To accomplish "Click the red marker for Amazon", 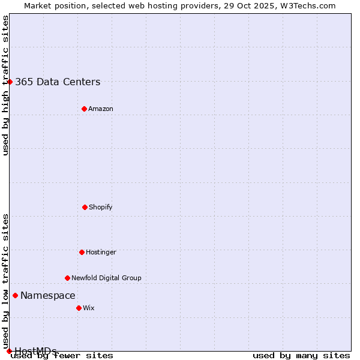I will [x=84, y=109].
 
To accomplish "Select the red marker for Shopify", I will [x=85, y=207].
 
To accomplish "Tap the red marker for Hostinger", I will [x=82, y=252].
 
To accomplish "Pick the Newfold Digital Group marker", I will [x=67, y=278].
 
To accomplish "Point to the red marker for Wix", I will [x=79, y=308].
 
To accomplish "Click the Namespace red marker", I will [x=15, y=295].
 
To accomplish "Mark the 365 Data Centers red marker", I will [x=10, y=82].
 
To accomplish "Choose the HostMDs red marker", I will [x=9, y=351].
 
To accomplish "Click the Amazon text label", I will [x=101, y=109].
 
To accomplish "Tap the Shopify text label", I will [x=101, y=207].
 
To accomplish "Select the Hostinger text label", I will [x=101, y=252].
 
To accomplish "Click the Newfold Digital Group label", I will [x=106, y=278].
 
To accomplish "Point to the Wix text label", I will [x=89, y=308].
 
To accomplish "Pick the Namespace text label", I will [x=48, y=295].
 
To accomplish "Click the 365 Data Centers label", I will [x=58, y=82].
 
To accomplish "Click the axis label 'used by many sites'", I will [x=301, y=355].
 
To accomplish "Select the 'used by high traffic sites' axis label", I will [x=5, y=85].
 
